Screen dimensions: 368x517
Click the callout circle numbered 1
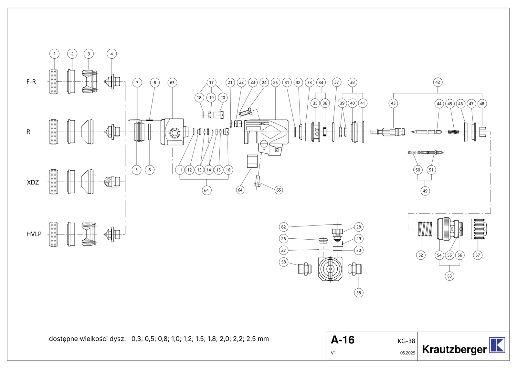click(x=54, y=54)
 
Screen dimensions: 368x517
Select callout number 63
click(x=172, y=83)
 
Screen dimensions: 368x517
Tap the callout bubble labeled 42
click(x=438, y=82)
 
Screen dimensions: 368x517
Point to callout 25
click(x=275, y=82)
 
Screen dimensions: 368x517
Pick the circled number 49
click(x=425, y=191)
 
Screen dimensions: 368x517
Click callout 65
click(x=279, y=190)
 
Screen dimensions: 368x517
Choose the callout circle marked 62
click(x=283, y=227)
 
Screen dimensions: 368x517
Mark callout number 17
click(x=211, y=82)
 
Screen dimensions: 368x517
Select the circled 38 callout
click(x=352, y=82)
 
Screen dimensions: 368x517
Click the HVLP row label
click(x=34, y=234)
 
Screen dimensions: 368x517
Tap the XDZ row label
click(x=33, y=183)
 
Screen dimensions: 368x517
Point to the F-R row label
click(x=31, y=82)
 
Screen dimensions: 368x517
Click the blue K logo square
click(x=497, y=345)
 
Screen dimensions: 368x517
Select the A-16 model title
click(x=343, y=340)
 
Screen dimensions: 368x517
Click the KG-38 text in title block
click(x=406, y=341)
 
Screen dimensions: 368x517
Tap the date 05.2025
click(x=407, y=353)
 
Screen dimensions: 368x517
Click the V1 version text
click(x=333, y=353)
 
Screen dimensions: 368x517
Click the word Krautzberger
click(x=454, y=350)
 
